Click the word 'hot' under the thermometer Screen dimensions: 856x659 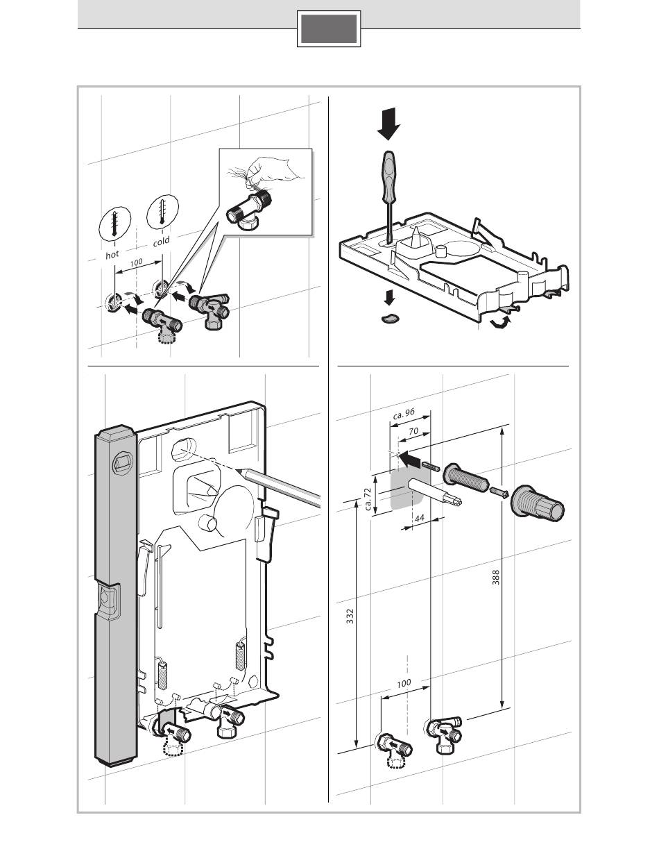click(x=112, y=255)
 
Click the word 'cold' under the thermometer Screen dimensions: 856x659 click(x=161, y=241)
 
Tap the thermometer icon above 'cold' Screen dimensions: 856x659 click(x=162, y=210)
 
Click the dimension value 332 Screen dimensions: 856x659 click(x=350, y=616)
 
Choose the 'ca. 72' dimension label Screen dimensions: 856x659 click(x=368, y=497)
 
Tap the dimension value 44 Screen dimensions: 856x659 click(x=418, y=517)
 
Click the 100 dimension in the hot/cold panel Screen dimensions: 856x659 click(x=136, y=263)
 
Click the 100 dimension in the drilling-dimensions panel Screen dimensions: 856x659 click(x=404, y=683)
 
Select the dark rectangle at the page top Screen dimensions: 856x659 click(x=329, y=29)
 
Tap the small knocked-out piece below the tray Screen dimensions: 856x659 click(x=391, y=317)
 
